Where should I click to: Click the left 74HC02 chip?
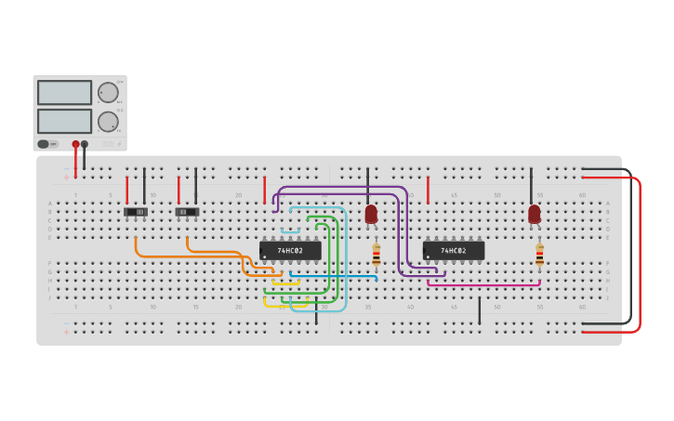pyautogui.click(x=290, y=251)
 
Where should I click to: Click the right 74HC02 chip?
pyautogui.click(x=454, y=251)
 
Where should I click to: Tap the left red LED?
pyautogui.click(x=371, y=215)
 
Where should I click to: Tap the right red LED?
pyautogui.click(x=534, y=215)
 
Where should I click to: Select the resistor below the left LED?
pyautogui.click(x=376, y=255)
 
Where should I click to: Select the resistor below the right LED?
pyautogui.click(x=539, y=255)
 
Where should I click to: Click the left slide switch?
pyautogui.click(x=136, y=212)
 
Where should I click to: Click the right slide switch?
pyautogui.click(x=187, y=212)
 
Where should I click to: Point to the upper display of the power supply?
pyautogui.click(x=64, y=93)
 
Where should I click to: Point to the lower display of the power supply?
pyautogui.click(x=64, y=121)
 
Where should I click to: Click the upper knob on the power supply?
pyautogui.click(x=108, y=93)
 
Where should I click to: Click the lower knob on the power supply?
pyautogui.click(x=108, y=122)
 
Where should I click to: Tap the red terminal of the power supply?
pyautogui.click(x=75, y=144)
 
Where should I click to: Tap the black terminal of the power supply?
pyautogui.click(x=85, y=144)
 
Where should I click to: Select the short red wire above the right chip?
pyautogui.click(x=428, y=190)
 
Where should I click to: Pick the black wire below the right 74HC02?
pyautogui.click(x=480, y=310)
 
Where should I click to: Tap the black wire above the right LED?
pyautogui.click(x=532, y=186)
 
